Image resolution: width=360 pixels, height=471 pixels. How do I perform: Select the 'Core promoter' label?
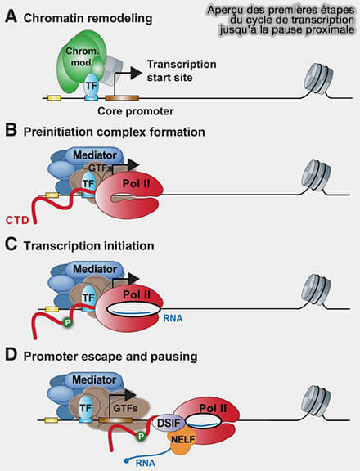[136, 111]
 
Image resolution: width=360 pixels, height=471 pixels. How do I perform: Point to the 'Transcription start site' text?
[182, 70]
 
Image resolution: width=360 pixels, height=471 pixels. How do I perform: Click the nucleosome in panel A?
[318, 80]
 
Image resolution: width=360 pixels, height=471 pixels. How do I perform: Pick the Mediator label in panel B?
[95, 155]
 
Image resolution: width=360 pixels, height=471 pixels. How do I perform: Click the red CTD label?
[17, 220]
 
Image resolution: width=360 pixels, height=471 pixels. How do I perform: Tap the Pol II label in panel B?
[136, 183]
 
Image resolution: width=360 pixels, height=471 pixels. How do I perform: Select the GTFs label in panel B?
[100, 168]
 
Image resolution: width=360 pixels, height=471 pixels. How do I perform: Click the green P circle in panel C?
[68, 323]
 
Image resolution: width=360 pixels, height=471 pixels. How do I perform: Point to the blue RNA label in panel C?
[173, 318]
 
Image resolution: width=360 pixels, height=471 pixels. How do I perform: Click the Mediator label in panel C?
[95, 269]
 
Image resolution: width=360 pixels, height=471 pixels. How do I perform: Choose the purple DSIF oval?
[169, 424]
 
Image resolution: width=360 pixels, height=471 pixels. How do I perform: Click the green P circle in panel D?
[141, 436]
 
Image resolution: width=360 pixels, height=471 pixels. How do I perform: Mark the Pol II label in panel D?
[213, 408]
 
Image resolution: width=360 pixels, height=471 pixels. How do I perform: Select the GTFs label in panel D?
[125, 409]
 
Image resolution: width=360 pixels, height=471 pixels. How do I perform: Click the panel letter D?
[11, 355]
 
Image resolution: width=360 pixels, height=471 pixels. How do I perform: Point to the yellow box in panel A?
[53, 98]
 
